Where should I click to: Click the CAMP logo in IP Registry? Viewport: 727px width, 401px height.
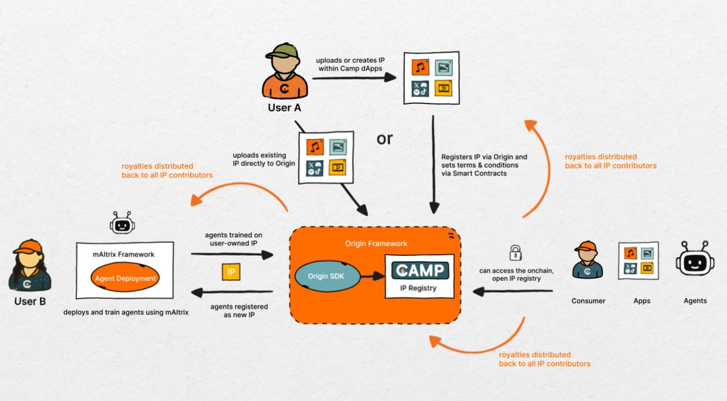(x=420, y=269)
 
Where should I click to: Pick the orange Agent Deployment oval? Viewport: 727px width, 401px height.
(x=125, y=279)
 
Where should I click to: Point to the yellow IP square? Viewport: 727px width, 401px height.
(x=231, y=272)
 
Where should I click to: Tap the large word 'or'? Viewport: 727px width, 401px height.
(x=385, y=139)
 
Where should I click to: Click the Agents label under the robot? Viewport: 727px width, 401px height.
(x=694, y=301)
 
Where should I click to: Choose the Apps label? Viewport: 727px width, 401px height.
(x=641, y=301)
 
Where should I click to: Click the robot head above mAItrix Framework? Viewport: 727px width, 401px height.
(x=122, y=224)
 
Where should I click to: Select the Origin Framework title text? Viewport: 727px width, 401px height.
(x=376, y=243)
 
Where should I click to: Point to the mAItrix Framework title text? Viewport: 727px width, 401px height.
(x=124, y=255)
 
